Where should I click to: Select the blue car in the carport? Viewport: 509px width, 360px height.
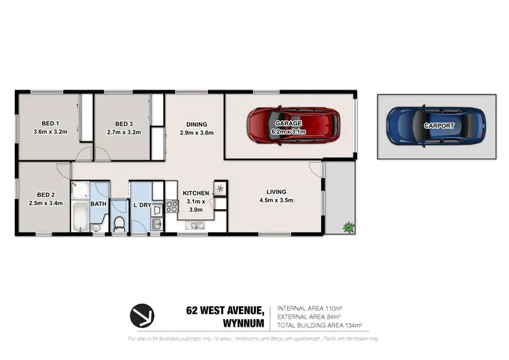[x=435, y=125]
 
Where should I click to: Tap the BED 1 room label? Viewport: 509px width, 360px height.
[x=50, y=124]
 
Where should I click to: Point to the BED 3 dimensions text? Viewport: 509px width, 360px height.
[x=124, y=132]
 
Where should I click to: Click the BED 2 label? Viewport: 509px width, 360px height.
[x=45, y=194]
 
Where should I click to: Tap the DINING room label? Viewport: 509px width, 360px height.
[x=197, y=124]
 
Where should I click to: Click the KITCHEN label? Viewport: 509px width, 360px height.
[x=195, y=194]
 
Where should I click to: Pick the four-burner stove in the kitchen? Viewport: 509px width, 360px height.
[x=172, y=206]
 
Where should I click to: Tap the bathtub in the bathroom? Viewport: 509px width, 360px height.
[x=79, y=219]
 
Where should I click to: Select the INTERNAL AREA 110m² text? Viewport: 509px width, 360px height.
[x=309, y=308]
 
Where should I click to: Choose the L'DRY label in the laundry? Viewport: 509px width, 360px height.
[x=142, y=204]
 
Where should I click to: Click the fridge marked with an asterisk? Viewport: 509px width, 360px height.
[x=221, y=189]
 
